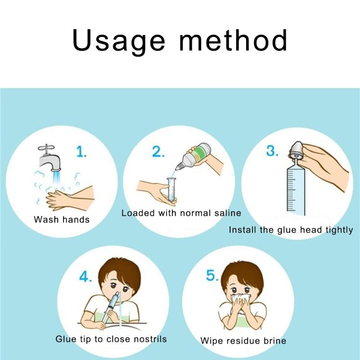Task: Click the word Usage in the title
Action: click(118, 41)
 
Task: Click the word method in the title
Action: click(233, 40)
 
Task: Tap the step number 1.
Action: click(81, 152)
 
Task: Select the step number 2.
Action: click(158, 152)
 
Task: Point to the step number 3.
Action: click(272, 151)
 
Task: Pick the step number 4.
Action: click(85, 276)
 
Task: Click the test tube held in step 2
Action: click(171, 190)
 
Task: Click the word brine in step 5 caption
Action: click(275, 341)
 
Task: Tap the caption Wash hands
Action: click(62, 220)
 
